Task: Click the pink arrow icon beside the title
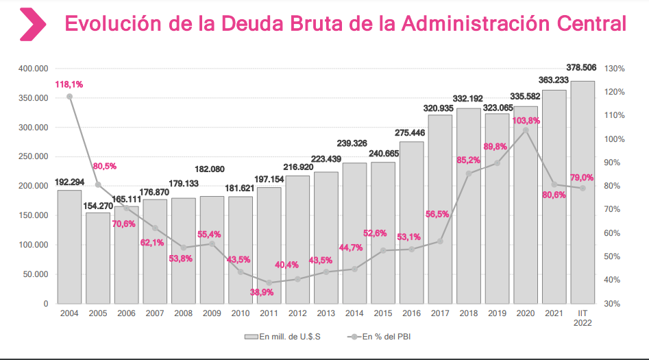pyautogui.click(x=32, y=25)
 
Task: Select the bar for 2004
pyautogui.click(x=69, y=247)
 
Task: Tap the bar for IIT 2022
pyautogui.click(x=583, y=192)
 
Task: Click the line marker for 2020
pyautogui.click(x=526, y=130)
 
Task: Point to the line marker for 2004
pyautogui.click(x=69, y=97)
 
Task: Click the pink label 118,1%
pyautogui.click(x=69, y=84)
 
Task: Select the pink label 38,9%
pyautogui.click(x=262, y=292)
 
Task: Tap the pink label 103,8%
pyautogui.click(x=526, y=120)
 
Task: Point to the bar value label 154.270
pyautogui.click(x=98, y=205)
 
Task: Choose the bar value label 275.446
pyautogui.click(x=411, y=133)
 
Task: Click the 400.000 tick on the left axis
pyautogui.click(x=33, y=69)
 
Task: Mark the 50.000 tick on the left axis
pyautogui.click(x=35, y=274)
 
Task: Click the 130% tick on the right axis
pyautogui.click(x=615, y=69)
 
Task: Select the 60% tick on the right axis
pyautogui.click(x=613, y=233)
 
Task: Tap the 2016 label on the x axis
pyautogui.click(x=411, y=314)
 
